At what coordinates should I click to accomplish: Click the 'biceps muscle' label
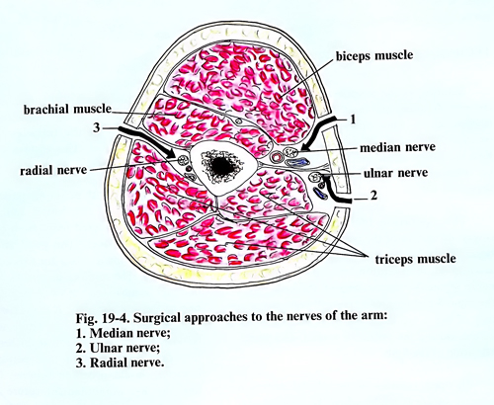pyautogui.click(x=374, y=55)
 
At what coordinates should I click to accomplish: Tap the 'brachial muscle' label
pyautogui.click(x=67, y=109)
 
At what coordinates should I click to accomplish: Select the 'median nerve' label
pyautogui.click(x=397, y=147)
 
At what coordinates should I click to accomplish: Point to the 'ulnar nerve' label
pyautogui.click(x=395, y=173)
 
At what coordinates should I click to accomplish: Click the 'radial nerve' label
pyautogui.click(x=53, y=170)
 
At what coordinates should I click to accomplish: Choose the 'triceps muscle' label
pyautogui.click(x=416, y=259)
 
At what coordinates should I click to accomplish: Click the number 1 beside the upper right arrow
pyautogui.click(x=353, y=120)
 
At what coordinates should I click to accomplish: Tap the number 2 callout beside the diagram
pyautogui.click(x=373, y=196)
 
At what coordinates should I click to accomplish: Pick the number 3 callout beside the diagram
pyautogui.click(x=96, y=127)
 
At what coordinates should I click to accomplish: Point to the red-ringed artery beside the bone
pyautogui.click(x=277, y=157)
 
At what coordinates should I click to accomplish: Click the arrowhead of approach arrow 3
pyautogui.click(x=171, y=153)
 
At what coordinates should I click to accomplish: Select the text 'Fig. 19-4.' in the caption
pyautogui.click(x=104, y=318)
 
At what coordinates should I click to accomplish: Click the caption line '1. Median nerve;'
pyautogui.click(x=123, y=333)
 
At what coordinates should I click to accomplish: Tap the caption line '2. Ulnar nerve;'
pyautogui.click(x=118, y=348)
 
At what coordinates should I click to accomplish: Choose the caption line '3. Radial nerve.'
pyautogui.click(x=120, y=363)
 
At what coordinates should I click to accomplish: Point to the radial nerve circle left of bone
pyautogui.click(x=182, y=161)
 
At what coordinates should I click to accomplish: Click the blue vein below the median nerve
pyautogui.click(x=297, y=162)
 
